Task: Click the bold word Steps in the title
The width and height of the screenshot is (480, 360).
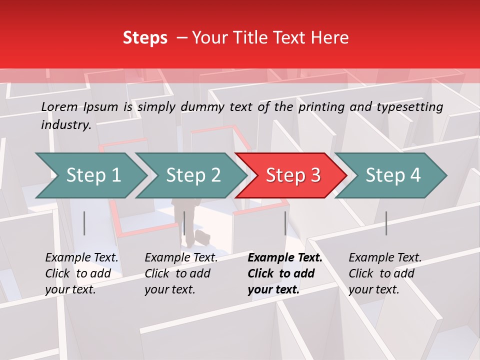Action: point(145,38)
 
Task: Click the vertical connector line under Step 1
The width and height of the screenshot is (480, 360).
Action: point(84,223)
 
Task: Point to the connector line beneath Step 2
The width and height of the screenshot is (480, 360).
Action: point(184,223)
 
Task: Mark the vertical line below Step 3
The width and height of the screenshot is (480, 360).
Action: point(285,223)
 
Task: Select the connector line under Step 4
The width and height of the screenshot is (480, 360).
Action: point(386,223)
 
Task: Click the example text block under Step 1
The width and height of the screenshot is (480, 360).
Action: point(81,273)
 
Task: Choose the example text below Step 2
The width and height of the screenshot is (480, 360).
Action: point(181,273)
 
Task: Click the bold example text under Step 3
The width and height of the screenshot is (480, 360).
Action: point(284,273)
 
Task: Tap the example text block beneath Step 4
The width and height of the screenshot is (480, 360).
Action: point(385,273)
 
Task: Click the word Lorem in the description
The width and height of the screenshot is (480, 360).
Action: point(59,106)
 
